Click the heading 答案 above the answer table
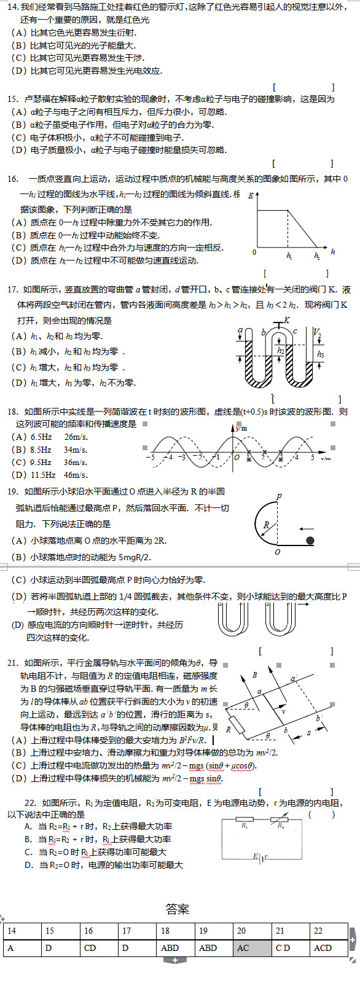click(x=177, y=909)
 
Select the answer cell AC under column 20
click(x=243, y=948)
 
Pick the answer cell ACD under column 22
click(x=323, y=948)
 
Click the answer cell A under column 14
click(x=10, y=948)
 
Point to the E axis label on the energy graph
click(x=251, y=195)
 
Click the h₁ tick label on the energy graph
click(x=289, y=256)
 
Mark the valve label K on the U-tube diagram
click(x=286, y=321)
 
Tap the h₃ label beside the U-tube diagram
click(x=320, y=354)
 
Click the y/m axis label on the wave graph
click(x=241, y=428)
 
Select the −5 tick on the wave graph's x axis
click(x=151, y=457)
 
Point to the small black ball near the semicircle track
click(x=310, y=541)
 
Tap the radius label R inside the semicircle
click(x=266, y=525)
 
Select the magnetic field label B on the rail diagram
click(x=255, y=675)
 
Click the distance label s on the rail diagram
click(x=308, y=732)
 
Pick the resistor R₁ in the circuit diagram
click(x=245, y=826)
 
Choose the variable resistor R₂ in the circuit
click(x=280, y=826)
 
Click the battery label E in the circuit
click(x=256, y=856)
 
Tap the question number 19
click(x=13, y=491)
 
